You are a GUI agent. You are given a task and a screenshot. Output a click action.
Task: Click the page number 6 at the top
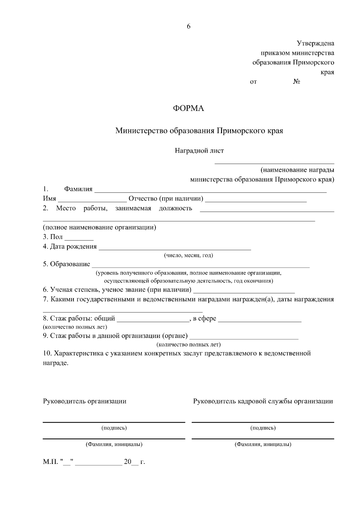coord(188,26)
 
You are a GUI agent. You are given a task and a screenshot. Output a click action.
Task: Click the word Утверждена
coord(315,43)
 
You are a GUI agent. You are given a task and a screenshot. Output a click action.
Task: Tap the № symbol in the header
coord(297,82)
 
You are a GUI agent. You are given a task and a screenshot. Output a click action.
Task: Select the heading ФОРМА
coord(188,109)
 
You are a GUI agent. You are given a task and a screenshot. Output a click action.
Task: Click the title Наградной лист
coord(199,150)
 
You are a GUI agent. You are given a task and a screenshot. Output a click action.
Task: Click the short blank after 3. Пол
coord(79,239)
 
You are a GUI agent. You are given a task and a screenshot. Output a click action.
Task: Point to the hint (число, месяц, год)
coord(188,255)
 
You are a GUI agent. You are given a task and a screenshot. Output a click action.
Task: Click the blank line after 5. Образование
coord(200,266)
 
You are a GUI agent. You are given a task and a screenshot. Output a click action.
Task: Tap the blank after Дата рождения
coord(175,248)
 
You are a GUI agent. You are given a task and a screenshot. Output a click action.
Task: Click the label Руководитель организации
coord(85,401)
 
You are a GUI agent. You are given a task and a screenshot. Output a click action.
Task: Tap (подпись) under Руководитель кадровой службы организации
coord(263,428)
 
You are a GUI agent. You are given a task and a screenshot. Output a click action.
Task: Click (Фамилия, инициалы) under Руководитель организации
coord(114,444)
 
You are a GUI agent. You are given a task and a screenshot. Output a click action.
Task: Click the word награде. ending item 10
coord(56,363)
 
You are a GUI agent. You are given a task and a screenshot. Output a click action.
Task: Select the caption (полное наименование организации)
coord(99,227)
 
